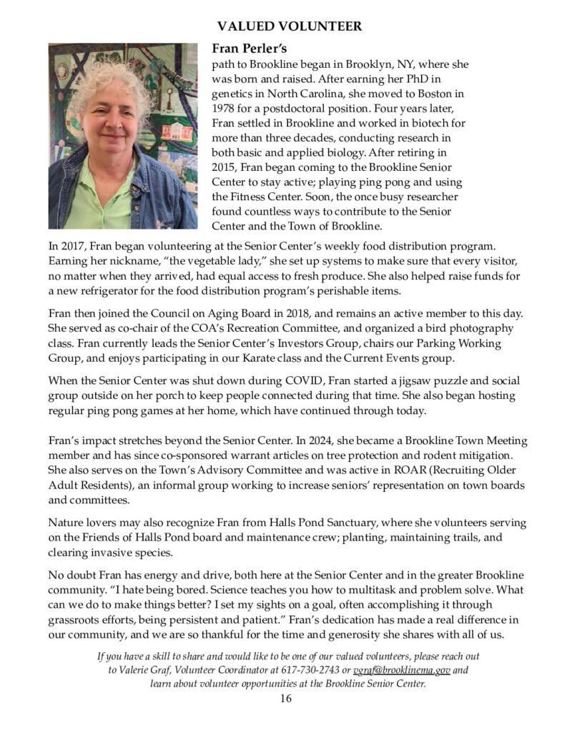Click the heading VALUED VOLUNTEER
[290, 26]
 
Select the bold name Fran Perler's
[247, 49]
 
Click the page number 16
[286, 699]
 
